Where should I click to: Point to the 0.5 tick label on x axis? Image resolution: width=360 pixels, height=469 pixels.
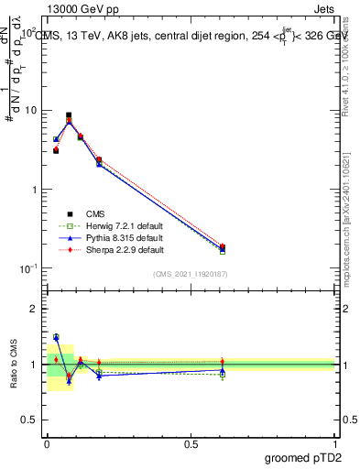191,444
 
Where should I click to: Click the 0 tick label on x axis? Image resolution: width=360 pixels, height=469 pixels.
46,444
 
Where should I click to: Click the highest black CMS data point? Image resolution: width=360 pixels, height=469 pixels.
69,115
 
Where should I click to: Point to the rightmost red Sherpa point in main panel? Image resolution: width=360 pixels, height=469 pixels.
223,245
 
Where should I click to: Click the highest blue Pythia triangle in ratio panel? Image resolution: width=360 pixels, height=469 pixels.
56,337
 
